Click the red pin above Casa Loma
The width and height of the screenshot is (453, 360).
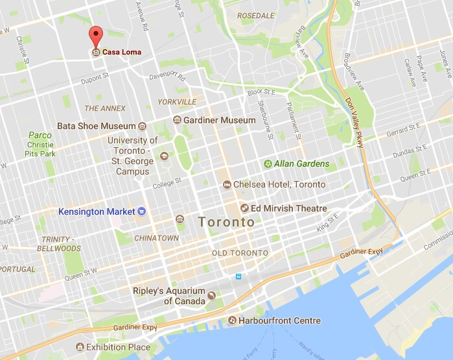coord(96,36)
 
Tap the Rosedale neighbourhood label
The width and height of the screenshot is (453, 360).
coord(256,15)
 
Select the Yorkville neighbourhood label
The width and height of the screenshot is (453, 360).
coord(177,102)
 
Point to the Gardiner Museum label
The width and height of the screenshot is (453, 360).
coord(220,121)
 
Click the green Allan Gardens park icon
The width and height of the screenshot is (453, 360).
coord(267,164)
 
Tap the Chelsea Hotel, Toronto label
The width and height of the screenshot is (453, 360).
coord(279,185)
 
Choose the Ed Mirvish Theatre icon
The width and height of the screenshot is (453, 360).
coord(244,208)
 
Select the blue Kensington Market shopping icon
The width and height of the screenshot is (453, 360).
coord(142,211)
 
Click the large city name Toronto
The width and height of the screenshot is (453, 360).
coord(227,222)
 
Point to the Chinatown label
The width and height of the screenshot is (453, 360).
coord(156,238)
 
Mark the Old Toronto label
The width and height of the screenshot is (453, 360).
coord(240,253)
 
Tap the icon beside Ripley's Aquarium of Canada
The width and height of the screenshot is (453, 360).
coord(211,296)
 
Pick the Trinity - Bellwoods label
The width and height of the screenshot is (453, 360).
coord(54,243)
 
